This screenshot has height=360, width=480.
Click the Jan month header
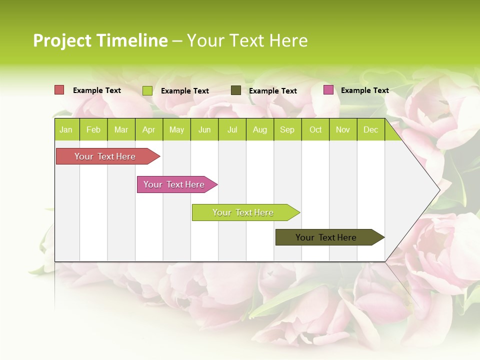(x=66, y=130)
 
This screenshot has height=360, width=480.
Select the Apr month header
(x=148, y=130)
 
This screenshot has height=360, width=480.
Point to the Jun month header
(x=204, y=130)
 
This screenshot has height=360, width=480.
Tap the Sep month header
(x=287, y=130)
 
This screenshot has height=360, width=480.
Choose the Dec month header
(x=370, y=130)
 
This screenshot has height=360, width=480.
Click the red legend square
(x=59, y=90)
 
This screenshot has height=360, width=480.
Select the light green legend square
(x=147, y=90)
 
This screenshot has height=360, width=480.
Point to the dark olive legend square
(x=236, y=90)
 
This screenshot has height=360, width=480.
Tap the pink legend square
(x=328, y=90)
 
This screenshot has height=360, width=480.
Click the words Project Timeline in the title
(x=100, y=40)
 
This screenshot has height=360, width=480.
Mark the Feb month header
(x=93, y=130)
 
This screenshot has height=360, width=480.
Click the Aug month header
(x=259, y=130)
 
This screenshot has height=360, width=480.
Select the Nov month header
(x=342, y=130)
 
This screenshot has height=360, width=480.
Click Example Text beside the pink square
(x=364, y=90)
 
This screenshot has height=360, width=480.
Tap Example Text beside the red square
(x=96, y=90)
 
